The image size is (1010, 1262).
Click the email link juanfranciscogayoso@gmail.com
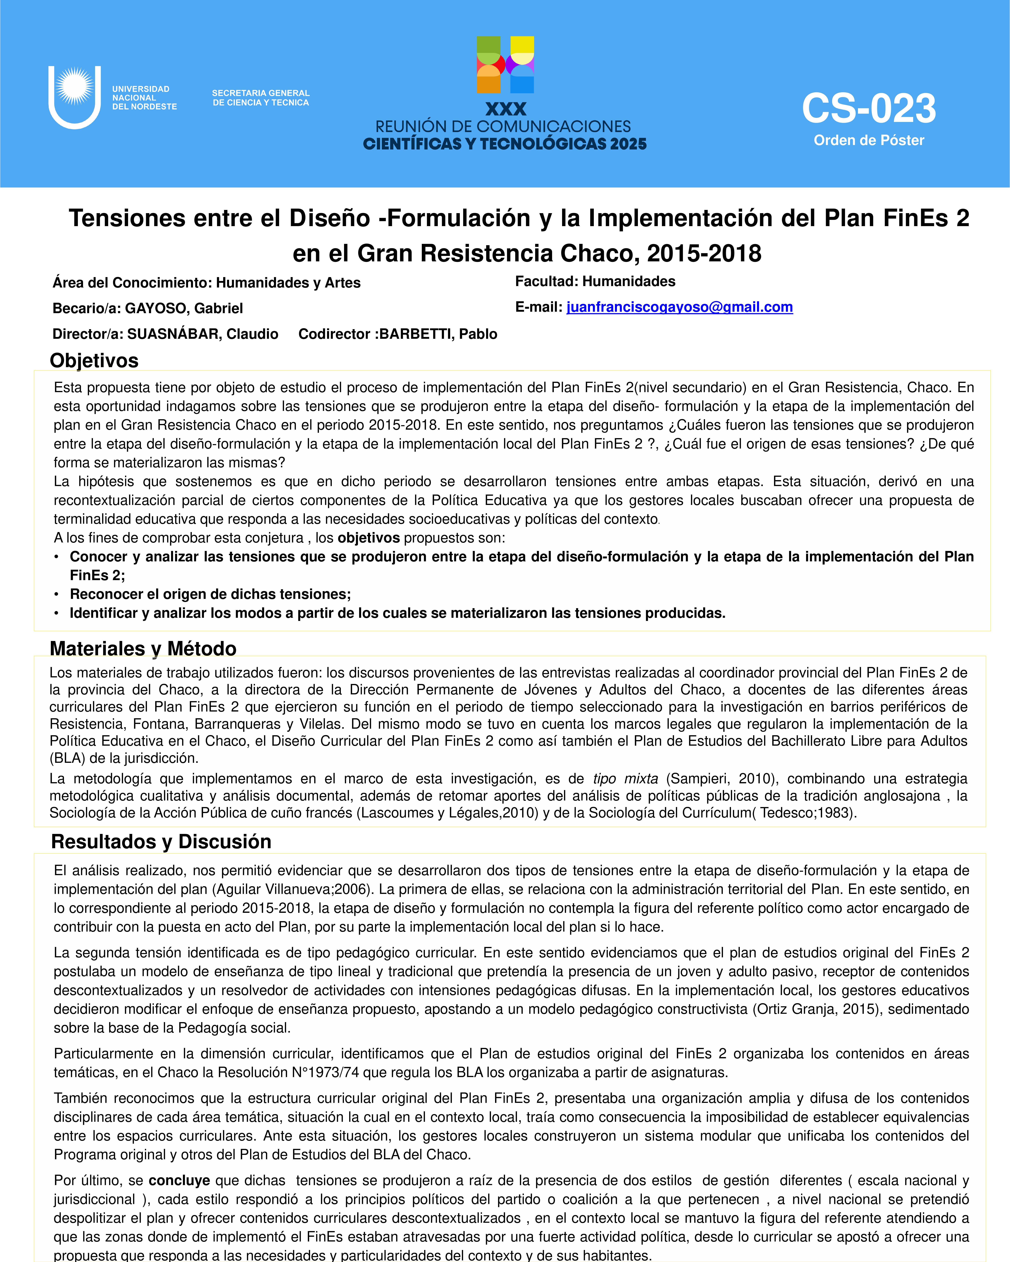(679, 307)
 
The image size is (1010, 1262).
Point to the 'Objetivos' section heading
(94, 361)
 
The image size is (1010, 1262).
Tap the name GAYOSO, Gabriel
(184, 308)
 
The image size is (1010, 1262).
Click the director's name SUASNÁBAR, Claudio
(203, 334)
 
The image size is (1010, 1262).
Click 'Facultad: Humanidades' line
(595, 282)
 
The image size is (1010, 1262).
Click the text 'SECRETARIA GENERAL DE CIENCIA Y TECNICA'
(261, 98)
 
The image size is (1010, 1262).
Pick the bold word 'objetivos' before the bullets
(369, 538)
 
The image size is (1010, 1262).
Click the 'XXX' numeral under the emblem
(505, 109)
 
